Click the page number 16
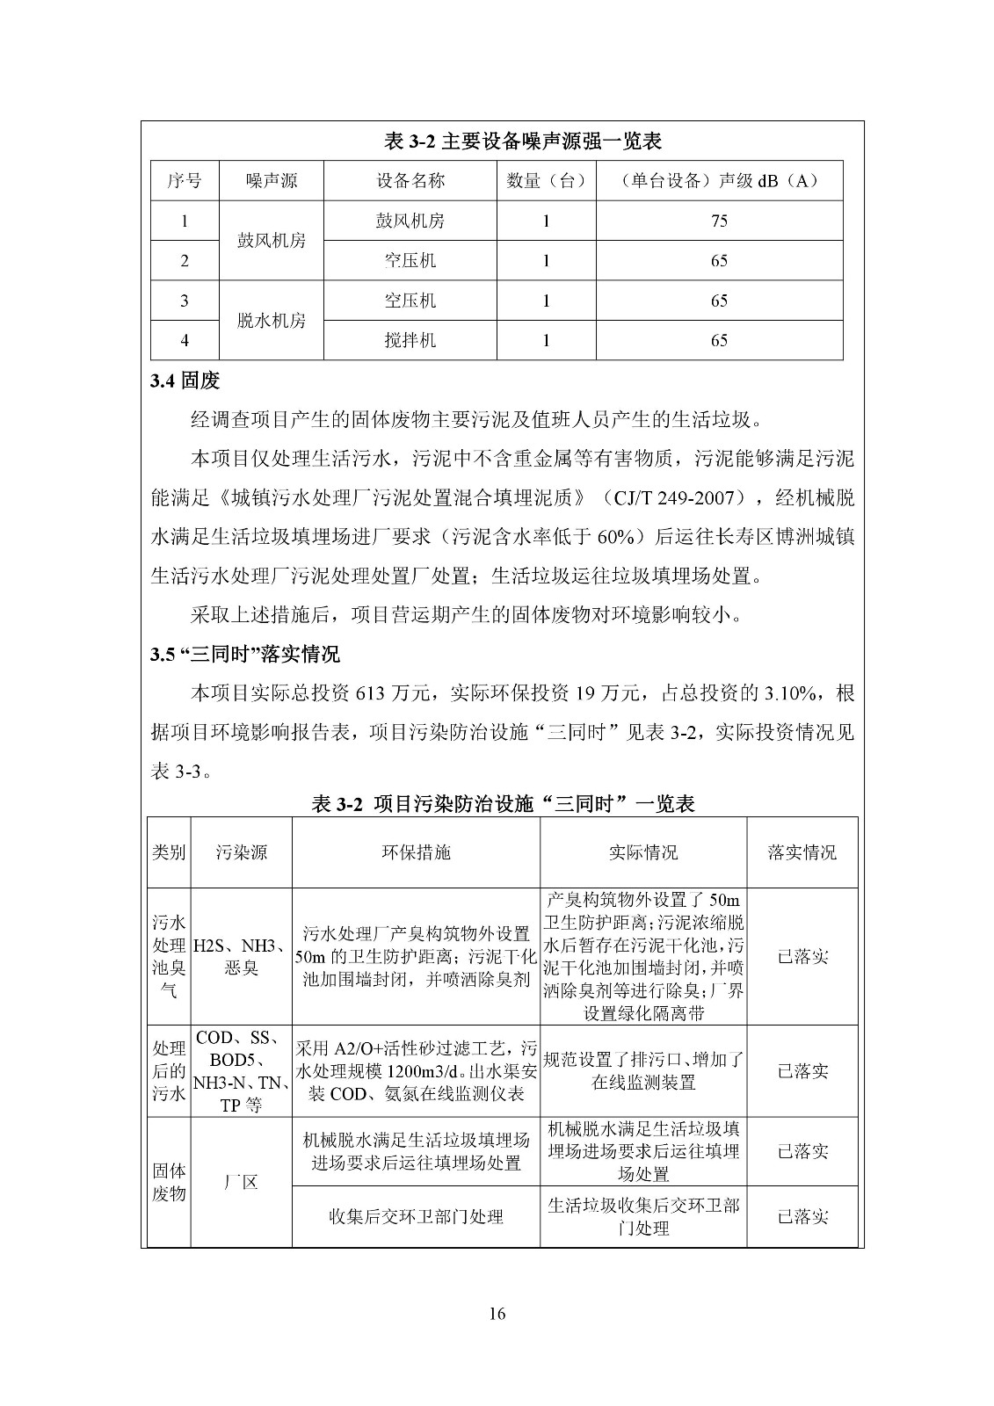tap(497, 1314)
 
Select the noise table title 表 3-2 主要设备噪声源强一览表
tap(523, 141)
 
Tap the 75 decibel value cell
tap(719, 221)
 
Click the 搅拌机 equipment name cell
tap(410, 340)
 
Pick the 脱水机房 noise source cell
tap(272, 321)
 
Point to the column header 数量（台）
tap(546, 181)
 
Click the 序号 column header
tap(184, 181)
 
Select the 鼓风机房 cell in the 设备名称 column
tap(410, 221)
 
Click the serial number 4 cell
tap(184, 340)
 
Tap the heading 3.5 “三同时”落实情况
tap(245, 655)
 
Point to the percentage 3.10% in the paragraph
tap(793, 693)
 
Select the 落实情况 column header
tap(802, 852)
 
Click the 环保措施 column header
tap(416, 852)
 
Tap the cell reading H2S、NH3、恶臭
tap(241, 957)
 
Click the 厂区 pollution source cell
tap(241, 1182)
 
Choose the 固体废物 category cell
tap(169, 1182)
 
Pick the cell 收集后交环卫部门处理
tap(416, 1217)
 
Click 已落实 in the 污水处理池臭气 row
tap(802, 957)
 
